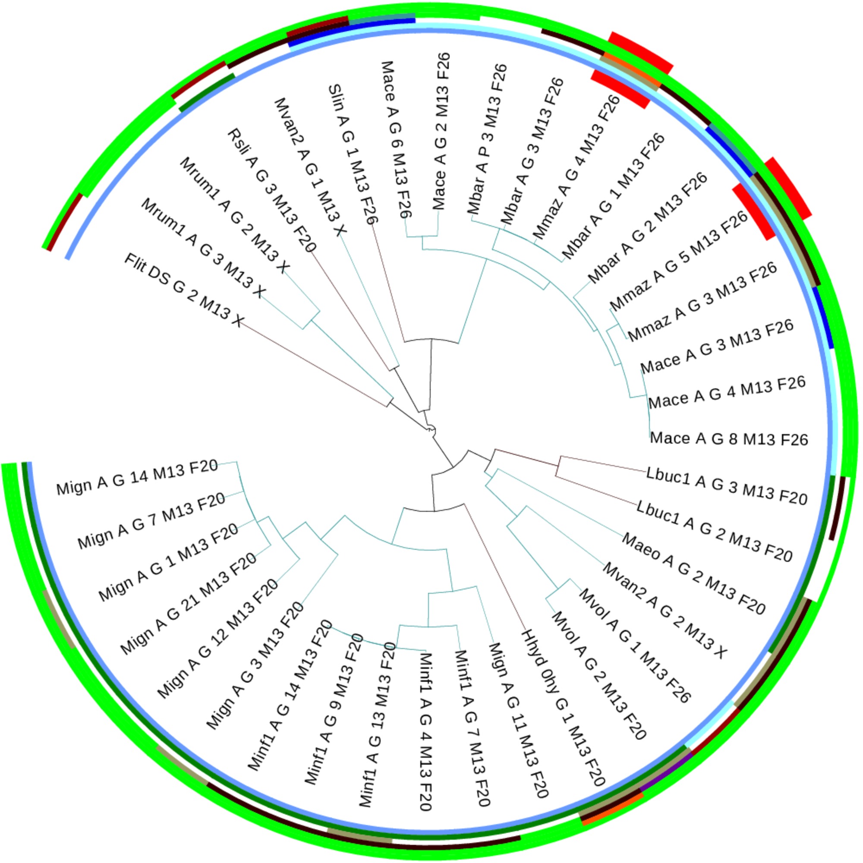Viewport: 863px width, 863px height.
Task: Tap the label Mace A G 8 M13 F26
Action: (x=728, y=439)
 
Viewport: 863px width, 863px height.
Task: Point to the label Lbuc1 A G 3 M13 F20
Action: (x=727, y=487)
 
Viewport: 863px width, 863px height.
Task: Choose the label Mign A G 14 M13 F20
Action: (x=137, y=477)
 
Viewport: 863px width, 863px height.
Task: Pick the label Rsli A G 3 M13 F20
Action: (x=271, y=191)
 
